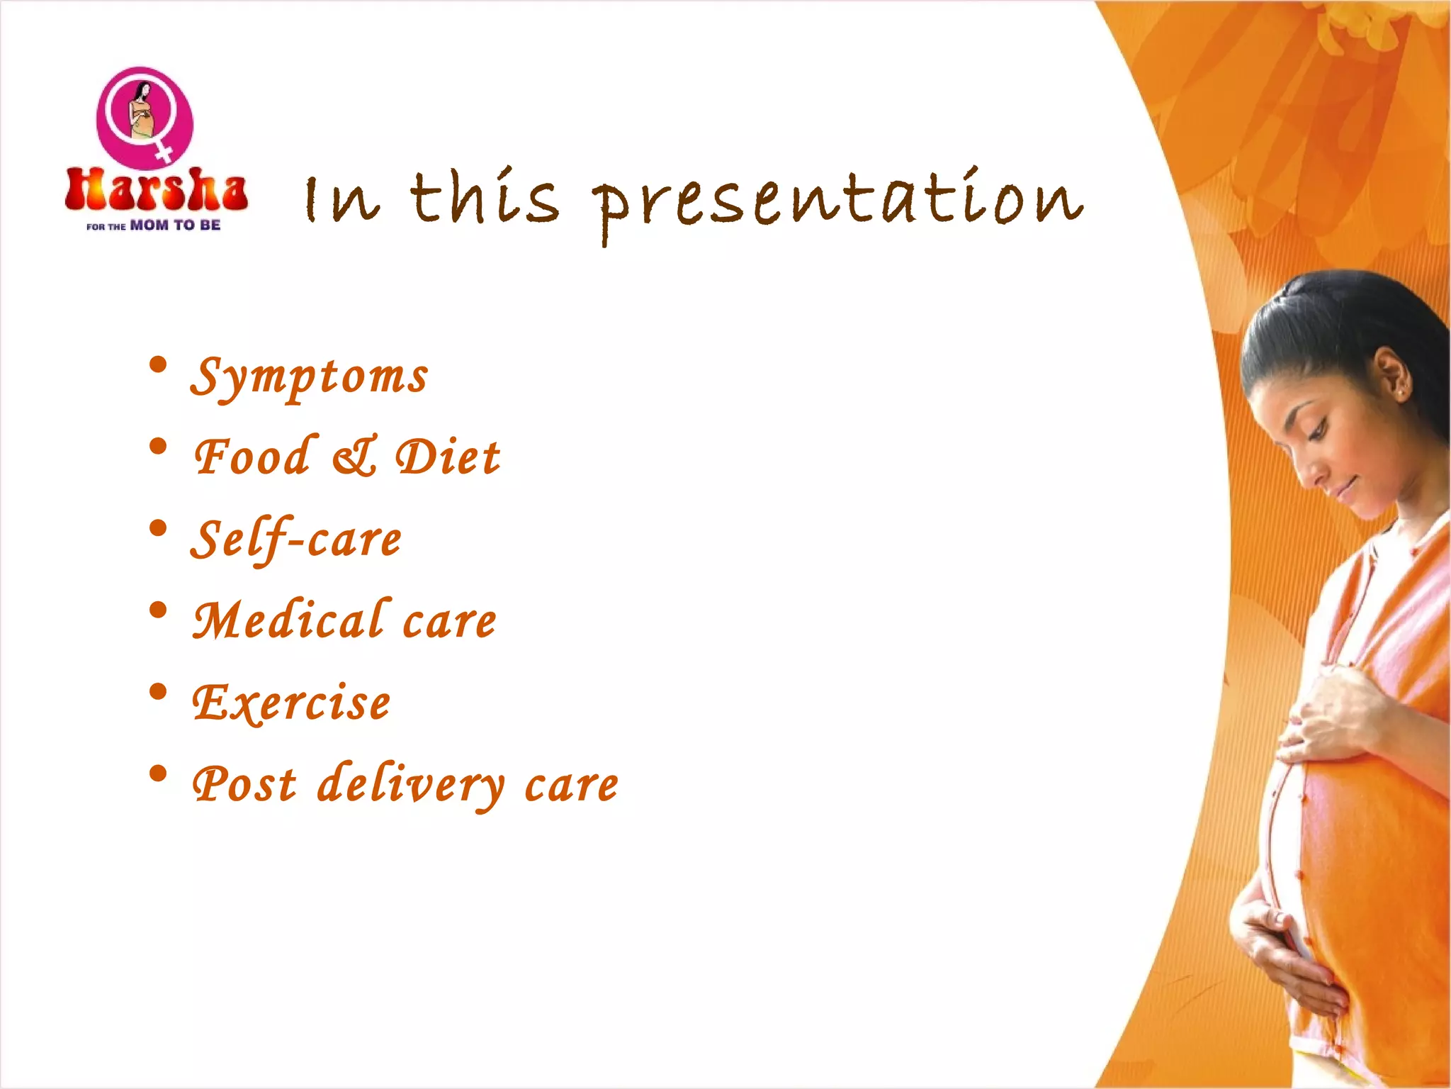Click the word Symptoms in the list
point(309,376)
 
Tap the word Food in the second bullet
point(253,457)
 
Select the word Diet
point(448,457)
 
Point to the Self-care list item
point(296,540)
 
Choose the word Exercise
point(291,703)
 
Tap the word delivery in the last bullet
point(411,786)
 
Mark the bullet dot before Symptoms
point(159,366)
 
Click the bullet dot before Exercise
point(159,692)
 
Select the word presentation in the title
point(837,202)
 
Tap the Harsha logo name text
point(156,190)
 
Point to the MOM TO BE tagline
point(175,225)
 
